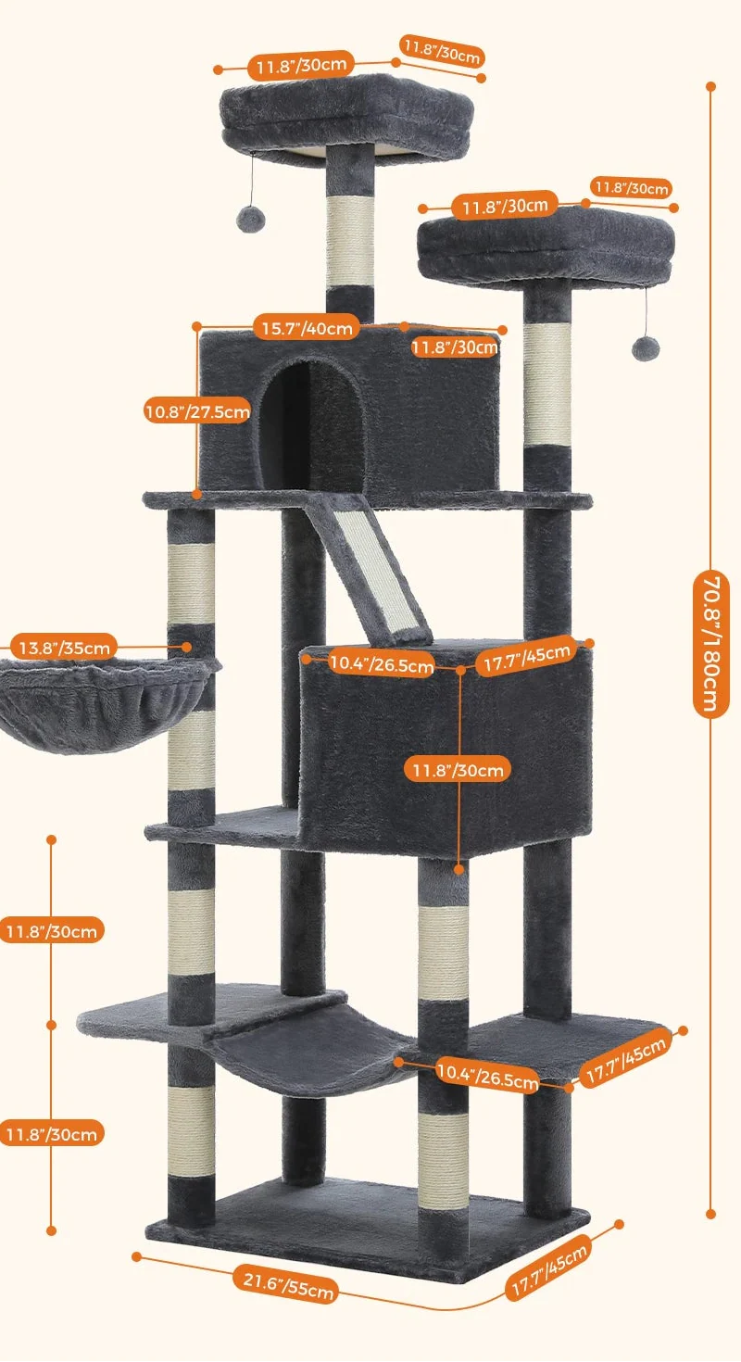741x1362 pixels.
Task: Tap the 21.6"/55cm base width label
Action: point(284,1282)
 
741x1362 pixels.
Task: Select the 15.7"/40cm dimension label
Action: point(306,327)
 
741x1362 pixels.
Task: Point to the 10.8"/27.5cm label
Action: point(196,410)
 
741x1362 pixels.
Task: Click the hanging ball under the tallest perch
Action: point(250,218)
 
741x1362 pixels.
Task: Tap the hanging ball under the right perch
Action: point(644,347)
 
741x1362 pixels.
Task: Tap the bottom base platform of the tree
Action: point(370,1223)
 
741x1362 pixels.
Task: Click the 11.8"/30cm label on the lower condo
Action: point(460,770)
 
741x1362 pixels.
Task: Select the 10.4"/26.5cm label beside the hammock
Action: point(487,1075)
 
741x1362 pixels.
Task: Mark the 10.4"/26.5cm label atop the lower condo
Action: point(381,663)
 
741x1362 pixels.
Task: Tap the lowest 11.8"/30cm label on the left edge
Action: point(51,1133)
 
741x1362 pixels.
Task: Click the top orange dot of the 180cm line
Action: point(711,86)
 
